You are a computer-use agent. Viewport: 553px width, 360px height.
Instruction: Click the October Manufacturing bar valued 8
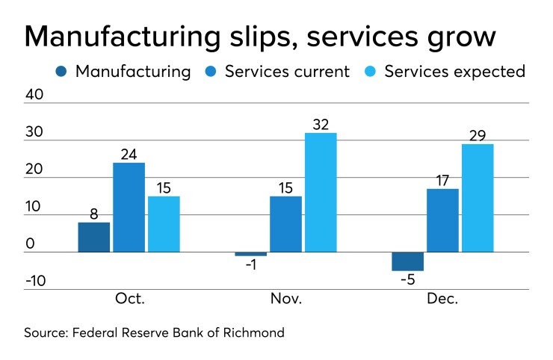(x=94, y=238)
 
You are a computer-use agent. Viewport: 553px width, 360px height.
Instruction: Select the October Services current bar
(x=129, y=208)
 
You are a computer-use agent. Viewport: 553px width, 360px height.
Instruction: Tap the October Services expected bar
(x=164, y=224)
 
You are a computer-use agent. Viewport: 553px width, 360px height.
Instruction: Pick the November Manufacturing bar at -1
(x=250, y=254)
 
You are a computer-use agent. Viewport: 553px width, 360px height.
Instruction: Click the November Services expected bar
(x=321, y=193)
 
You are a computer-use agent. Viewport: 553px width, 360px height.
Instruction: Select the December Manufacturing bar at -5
(x=407, y=261)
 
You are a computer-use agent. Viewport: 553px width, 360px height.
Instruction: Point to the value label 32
(x=321, y=124)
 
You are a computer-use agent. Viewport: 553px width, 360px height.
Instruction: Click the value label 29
(x=477, y=135)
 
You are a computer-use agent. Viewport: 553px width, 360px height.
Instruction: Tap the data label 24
(x=129, y=154)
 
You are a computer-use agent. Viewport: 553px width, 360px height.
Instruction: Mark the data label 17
(x=442, y=180)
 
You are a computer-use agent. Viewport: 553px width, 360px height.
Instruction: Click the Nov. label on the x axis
(x=285, y=299)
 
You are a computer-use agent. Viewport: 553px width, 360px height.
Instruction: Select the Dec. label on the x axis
(x=442, y=299)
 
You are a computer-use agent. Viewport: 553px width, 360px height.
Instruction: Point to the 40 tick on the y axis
(x=35, y=95)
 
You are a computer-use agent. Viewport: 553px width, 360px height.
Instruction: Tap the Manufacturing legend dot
(x=61, y=72)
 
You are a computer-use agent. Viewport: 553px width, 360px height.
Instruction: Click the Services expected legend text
(x=454, y=72)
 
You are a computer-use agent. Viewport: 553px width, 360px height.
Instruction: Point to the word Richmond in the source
(x=252, y=332)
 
